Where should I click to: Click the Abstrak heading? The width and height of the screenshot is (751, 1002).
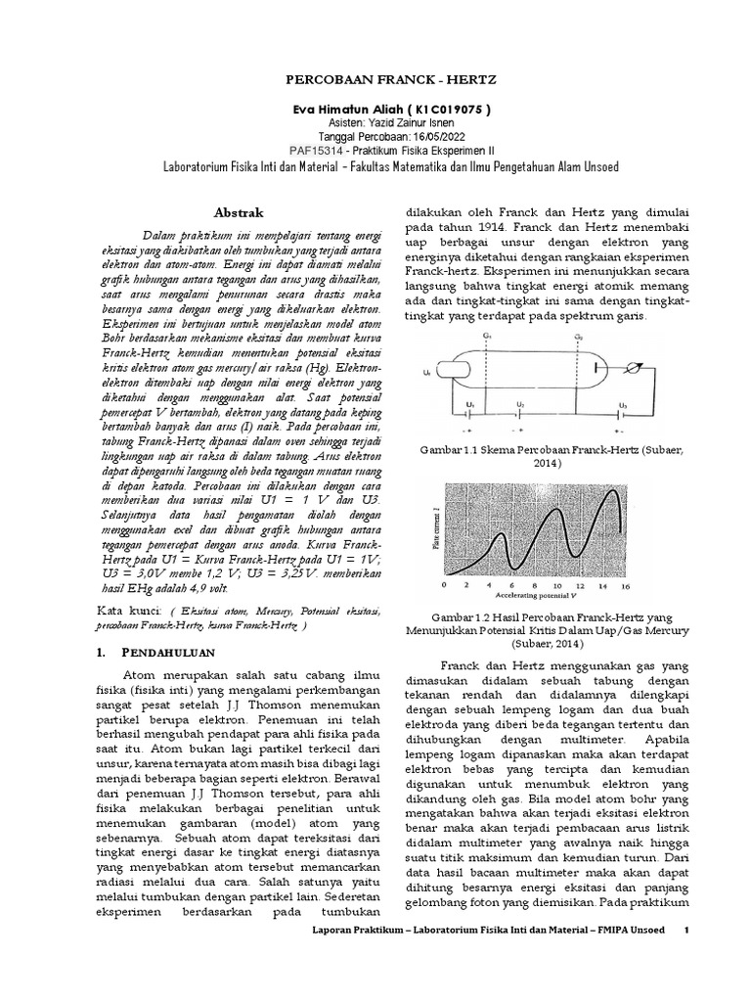[239, 211]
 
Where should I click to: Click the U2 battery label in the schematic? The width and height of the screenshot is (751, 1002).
[522, 405]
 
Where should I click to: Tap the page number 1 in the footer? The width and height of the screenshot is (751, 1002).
[687, 983]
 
